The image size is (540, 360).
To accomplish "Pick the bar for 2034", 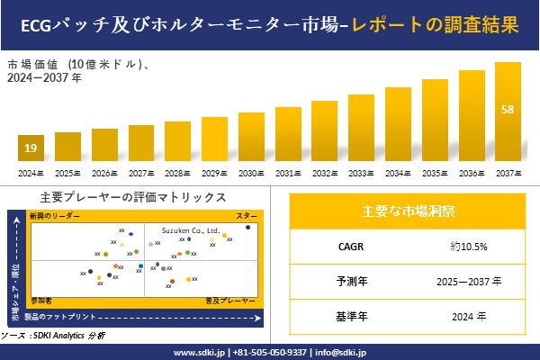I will click(x=398, y=125).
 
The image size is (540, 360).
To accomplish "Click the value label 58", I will click(x=508, y=110).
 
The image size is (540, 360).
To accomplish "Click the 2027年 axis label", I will click(x=141, y=172).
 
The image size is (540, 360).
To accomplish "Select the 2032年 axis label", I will click(x=325, y=172).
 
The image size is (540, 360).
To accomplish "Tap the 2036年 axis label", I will click(x=472, y=172).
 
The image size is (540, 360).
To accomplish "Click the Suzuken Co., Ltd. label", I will click(x=190, y=231).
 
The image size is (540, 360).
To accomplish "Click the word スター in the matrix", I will click(x=246, y=217).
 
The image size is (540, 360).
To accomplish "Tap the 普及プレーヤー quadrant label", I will click(x=230, y=298).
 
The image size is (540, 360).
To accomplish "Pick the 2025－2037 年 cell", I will click(x=468, y=281).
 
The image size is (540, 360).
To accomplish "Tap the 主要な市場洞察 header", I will click(x=408, y=211).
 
